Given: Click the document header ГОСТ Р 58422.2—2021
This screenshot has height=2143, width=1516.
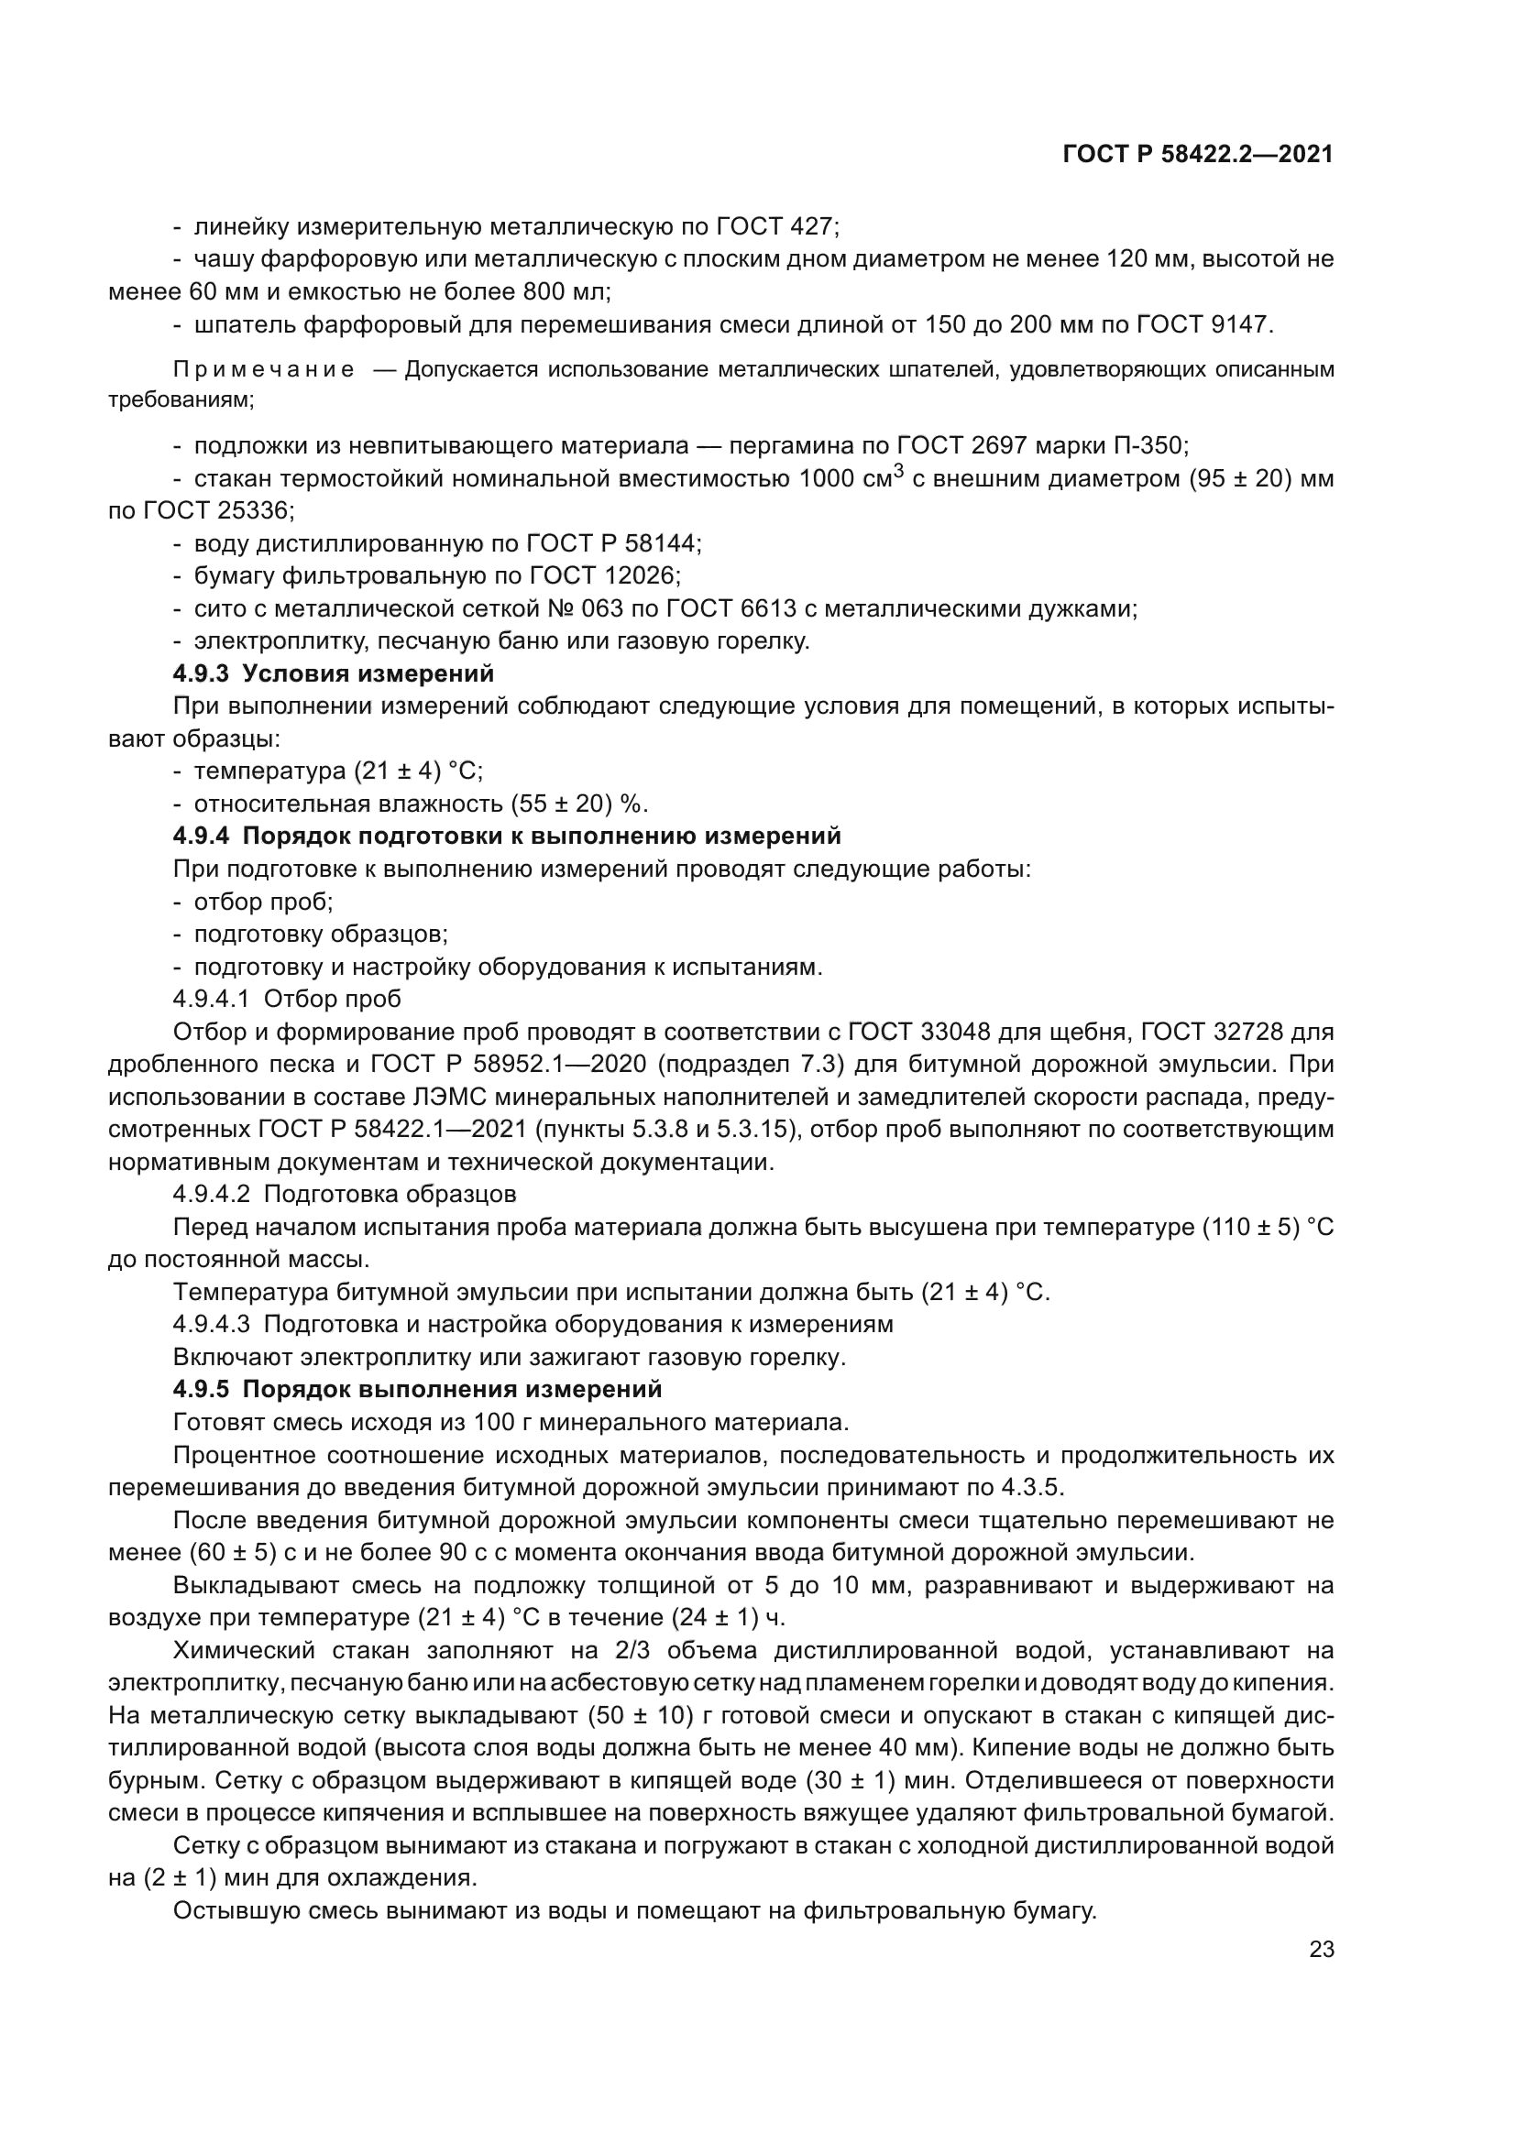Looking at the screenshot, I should point(1198,155).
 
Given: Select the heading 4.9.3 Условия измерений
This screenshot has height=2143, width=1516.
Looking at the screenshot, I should point(334,673).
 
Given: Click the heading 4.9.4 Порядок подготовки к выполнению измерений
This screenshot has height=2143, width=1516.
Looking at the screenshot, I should point(507,836).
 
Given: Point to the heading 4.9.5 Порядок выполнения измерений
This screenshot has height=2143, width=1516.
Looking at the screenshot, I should point(417,1389).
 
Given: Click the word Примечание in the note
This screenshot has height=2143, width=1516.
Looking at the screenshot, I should point(264,369).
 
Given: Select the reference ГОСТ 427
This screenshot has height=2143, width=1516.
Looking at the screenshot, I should point(777,227).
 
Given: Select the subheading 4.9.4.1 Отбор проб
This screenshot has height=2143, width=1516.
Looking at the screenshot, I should point(287,999).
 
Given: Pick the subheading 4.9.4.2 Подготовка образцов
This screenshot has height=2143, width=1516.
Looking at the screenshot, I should point(345,1194).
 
